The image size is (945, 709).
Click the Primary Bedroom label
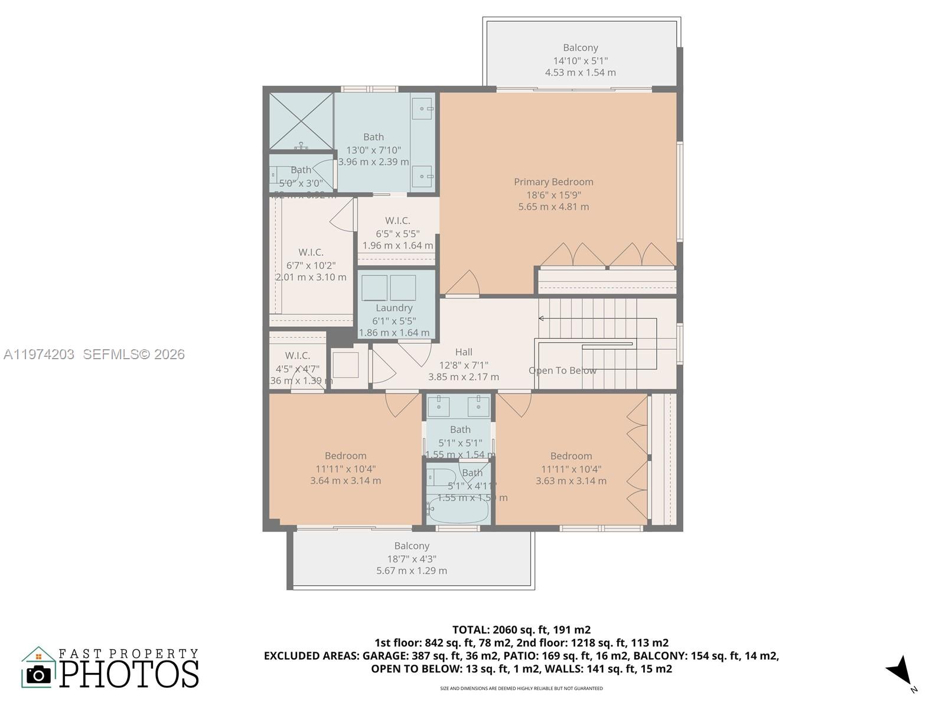click(553, 182)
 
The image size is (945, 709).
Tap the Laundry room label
click(394, 308)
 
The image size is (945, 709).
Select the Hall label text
click(464, 352)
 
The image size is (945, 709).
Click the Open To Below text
click(562, 370)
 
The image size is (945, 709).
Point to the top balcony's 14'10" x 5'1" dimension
click(580, 60)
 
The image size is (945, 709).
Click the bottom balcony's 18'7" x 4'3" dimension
click(412, 558)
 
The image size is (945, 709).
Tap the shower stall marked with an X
click(301, 121)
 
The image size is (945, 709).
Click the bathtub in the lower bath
click(458, 509)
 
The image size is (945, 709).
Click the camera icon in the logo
click(39, 674)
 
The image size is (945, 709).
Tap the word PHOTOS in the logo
click(129, 674)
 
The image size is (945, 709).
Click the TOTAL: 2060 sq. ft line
click(521, 630)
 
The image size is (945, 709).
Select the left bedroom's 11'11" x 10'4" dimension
click(346, 469)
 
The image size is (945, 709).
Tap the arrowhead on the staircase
click(541, 318)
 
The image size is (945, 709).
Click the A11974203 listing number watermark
click(39, 354)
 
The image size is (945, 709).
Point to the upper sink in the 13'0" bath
click(422, 109)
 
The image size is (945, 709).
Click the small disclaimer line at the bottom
click(521, 688)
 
